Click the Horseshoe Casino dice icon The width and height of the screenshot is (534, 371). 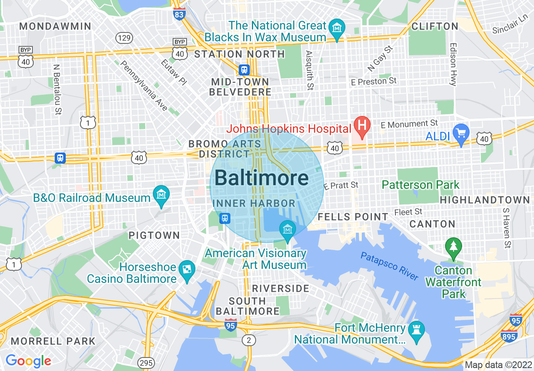coord(186,269)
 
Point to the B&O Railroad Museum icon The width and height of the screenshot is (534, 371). coord(161,195)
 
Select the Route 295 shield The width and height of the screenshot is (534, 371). coord(146,363)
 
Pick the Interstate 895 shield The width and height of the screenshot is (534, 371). coord(509,336)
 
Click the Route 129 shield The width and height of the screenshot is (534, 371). coord(124,38)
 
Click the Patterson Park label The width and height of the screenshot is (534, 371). coord(420,185)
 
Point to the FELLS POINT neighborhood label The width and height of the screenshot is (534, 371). coord(353,217)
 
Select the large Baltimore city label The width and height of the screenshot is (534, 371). coord(262,178)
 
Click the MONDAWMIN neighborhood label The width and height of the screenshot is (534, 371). coord(55,26)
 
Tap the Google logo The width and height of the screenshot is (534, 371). coord(28,360)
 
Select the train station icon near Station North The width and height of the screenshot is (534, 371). coord(244,69)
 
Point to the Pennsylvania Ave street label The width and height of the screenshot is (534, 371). coord(144,86)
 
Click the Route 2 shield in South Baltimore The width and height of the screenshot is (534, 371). coord(249,340)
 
